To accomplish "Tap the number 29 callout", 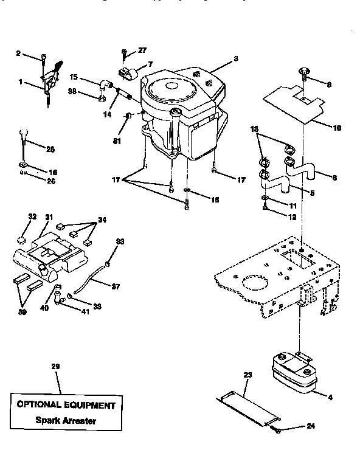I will (56, 366).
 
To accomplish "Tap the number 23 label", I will (247, 375).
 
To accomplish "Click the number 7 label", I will (150, 63).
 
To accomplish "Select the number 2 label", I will (18, 54).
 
